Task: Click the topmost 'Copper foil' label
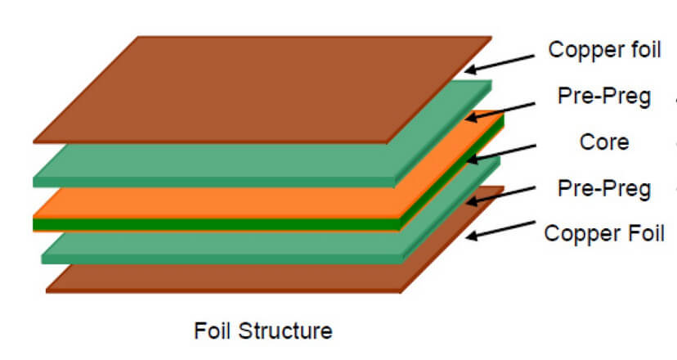pyautogui.click(x=604, y=49)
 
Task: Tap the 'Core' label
pyautogui.click(x=604, y=142)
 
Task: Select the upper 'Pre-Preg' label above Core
pyautogui.click(x=604, y=97)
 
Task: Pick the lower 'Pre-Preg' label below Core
pyautogui.click(x=604, y=189)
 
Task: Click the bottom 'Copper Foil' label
pyautogui.click(x=604, y=233)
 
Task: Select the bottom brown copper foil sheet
pyautogui.click(x=245, y=278)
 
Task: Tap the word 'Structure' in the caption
pyautogui.click(x=287, y=331)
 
